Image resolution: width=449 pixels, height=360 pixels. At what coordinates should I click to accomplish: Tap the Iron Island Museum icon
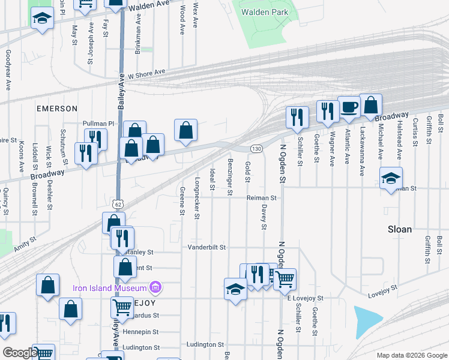click(x=156, y=287)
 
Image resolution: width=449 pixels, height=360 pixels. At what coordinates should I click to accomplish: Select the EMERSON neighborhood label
click(x=57, y=109)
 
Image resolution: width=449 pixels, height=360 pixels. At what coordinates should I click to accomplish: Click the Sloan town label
click(x=400, y=229)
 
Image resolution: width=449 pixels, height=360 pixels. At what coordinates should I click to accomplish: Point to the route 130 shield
click(x=256, y=148)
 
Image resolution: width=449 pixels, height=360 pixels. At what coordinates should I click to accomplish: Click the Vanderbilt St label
click(x=206, y=247)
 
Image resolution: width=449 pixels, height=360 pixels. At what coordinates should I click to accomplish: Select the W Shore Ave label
click(x=146, y=74)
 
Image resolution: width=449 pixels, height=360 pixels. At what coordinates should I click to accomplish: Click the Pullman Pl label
click(x=98, y=124)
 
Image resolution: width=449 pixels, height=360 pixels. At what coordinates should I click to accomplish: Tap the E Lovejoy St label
click(x=305, y=298)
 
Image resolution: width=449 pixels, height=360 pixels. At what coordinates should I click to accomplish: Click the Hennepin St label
click(x=140, y=332)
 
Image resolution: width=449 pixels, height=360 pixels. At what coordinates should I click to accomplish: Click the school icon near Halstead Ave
click(x=391, y=178)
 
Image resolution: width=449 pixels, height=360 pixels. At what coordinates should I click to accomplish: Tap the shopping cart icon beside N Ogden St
click(x=285, y=278)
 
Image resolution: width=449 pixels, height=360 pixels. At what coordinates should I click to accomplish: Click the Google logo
click(x=19, y=353)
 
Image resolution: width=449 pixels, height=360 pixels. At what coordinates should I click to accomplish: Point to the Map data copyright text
click(x=411, y=355)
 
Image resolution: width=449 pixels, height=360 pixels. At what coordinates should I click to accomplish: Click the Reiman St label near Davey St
click(x=261, y=197)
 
